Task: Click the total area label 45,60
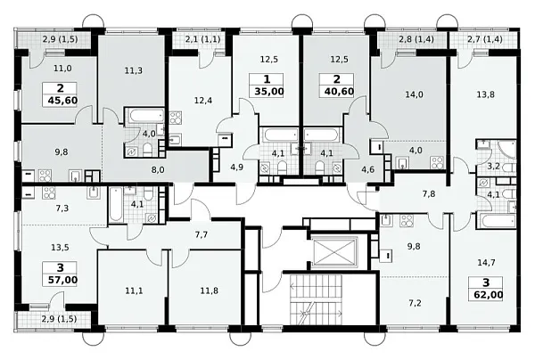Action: [x=61, y=101]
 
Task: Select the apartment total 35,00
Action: [x=267, y=92]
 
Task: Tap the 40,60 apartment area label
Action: [x=337, y=92]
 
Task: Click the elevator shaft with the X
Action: [x=334, y=252]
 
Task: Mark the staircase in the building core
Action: [x=317, y=299]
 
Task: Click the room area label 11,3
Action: [x=134, y=71]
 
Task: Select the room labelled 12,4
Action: [x=203, y=101]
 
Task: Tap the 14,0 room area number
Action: [x=414, y=94]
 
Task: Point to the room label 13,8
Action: [x=486, y=94]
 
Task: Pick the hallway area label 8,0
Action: [x=158, y=169]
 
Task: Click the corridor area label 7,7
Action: [x=202, y=234]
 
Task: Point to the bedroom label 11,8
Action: [x=210, y=290]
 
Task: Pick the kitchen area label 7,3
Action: [x=62, y=208]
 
